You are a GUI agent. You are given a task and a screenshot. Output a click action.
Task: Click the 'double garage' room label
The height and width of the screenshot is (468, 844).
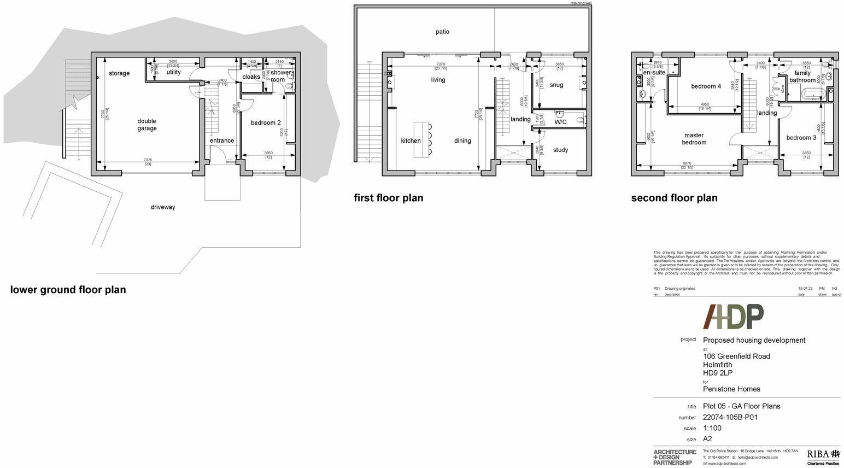(147, 125)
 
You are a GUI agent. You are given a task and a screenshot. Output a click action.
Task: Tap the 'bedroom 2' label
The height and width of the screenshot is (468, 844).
(266, 122)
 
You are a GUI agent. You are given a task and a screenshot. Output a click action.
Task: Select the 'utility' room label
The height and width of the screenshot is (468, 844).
(173, 72)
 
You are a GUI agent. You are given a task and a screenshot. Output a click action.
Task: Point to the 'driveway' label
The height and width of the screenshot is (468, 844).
(163, 207)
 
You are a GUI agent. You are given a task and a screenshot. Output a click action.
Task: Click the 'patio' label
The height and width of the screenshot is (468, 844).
(442, 32)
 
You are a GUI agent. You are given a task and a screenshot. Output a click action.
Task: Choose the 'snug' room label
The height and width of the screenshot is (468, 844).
(556, 85)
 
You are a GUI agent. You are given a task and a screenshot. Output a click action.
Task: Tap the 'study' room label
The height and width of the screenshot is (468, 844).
(560, 150)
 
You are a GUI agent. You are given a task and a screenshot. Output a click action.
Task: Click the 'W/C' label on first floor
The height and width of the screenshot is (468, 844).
(560, 122)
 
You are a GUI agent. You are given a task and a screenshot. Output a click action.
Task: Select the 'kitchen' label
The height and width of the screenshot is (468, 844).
(411, 141)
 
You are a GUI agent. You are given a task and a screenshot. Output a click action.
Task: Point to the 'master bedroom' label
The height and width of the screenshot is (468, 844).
(694, 139)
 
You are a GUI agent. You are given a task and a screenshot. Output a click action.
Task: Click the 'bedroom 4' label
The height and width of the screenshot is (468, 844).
(706, 86)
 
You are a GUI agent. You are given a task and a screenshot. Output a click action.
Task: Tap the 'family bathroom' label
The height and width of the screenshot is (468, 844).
(802, 77)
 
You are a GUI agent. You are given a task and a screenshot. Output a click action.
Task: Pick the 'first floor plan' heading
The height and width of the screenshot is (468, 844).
(388, 198)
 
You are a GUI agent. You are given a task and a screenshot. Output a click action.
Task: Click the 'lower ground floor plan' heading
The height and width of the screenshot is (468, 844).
(68, 290)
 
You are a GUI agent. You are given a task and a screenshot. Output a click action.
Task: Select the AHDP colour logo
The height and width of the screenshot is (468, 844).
(733, 317)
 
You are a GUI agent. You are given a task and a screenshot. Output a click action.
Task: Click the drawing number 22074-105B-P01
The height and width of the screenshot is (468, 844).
(730, 417)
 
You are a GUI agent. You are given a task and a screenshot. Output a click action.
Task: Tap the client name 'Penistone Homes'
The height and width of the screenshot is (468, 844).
(731, 389)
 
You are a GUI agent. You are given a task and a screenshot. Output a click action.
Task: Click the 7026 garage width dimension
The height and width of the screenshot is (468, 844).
(148, 160)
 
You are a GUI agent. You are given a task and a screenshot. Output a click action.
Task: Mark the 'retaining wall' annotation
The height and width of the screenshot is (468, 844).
(581, 3)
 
